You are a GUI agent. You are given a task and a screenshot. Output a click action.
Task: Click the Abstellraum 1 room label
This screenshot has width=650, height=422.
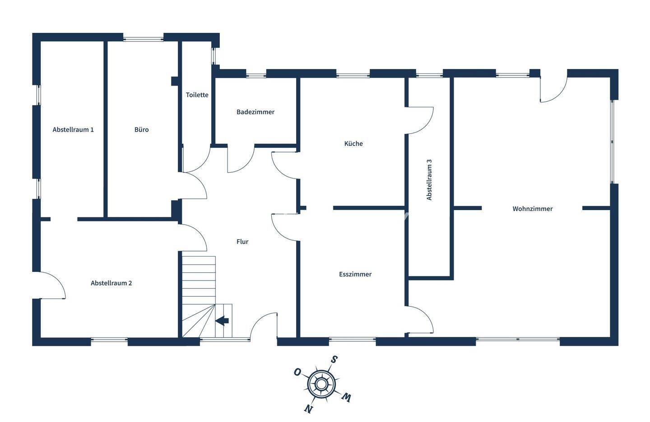[x=73, y=130]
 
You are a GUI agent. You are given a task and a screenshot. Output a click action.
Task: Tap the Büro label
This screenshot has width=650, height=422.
[x=141, y=130]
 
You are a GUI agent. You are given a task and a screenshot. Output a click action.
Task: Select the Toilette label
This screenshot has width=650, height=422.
[x=197, y=95]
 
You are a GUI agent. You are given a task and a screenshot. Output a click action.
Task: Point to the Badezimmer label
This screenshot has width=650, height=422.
[x=255, y=112]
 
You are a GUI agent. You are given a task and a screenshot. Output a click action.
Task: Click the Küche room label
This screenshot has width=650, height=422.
[x=353, y=144]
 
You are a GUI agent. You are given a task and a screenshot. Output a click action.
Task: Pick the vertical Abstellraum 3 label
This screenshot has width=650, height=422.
[x=429, y=179]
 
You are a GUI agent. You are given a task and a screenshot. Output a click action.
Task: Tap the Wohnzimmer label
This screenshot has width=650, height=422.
[x=533, y=209]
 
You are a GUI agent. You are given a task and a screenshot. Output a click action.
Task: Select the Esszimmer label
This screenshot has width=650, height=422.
[x=355, y=275]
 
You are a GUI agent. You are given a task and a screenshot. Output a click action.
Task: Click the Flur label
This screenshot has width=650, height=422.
[x=242, y=242]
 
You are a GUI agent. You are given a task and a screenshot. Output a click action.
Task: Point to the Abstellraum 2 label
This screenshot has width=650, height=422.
[x=111, y=284]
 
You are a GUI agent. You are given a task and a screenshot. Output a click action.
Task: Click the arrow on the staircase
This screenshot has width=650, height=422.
[x=222, y=321]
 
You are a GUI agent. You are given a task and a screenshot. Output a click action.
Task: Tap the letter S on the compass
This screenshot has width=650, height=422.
[x=334, y=359]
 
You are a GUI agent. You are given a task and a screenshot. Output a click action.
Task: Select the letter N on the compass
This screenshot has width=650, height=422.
[x=308, y=409]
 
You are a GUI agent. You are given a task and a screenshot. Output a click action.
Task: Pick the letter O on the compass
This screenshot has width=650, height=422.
[x=297, y=372]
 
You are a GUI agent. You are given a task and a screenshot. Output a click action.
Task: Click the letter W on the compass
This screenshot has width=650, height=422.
[x=346, y=397]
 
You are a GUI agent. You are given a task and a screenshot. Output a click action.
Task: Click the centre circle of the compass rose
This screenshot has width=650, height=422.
[x=321, y=384]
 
